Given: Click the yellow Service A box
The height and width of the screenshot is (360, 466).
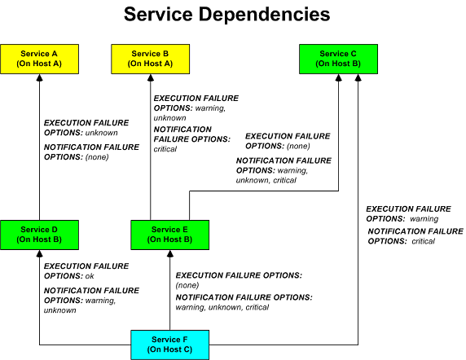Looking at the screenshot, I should click(x=39, y=59).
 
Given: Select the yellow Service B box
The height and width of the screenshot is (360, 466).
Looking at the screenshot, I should click(x=151, y=59).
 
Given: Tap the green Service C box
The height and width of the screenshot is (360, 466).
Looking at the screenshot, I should click(x=338, y=59).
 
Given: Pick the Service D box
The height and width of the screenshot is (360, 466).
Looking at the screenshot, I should click(x=39, y=235).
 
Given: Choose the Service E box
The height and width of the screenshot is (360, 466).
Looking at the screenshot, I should click(x=170, y=235).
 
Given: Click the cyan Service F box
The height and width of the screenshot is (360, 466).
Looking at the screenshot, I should click(x=170, y=344).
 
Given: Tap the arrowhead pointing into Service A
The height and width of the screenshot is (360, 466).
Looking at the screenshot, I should click(x=39, y=77).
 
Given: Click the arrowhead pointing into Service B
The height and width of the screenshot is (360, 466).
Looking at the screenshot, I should click(x=151, y=77).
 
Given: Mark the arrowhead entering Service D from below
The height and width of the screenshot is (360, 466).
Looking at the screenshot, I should click(x=39, y=253).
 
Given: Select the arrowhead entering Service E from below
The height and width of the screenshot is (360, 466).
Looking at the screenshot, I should click(x=170, y=253).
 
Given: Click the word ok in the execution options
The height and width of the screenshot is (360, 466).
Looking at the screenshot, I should click(x=90, y=277).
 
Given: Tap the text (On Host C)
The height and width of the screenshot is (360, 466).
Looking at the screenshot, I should click(x=170, y=349).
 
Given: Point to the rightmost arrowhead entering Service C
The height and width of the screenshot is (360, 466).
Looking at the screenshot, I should click(x=358, y=77).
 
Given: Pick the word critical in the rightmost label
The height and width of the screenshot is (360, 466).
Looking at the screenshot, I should click(x=423, y=241).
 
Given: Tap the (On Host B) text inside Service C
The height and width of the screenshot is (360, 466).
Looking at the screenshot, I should click(x=338, y=64).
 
